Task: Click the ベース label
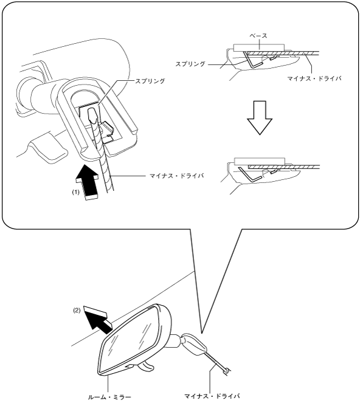tap(258, 36)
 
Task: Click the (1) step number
tap(75, 192)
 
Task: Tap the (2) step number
tap(77, 310)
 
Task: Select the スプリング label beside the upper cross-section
tap(190, 64)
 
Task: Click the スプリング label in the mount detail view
tap(150, 81)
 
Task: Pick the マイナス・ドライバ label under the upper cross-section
tap(314, 78)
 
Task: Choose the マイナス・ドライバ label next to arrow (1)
tap(177, 176)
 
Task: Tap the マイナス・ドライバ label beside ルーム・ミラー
tap(212, 396)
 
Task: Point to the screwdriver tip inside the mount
tap(92, 115)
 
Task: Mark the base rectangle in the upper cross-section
tap(259, 47)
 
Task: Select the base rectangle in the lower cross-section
tap(260, 162)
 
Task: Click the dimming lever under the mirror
tap(146, 365)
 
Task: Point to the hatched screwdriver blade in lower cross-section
tap(283, 167)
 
